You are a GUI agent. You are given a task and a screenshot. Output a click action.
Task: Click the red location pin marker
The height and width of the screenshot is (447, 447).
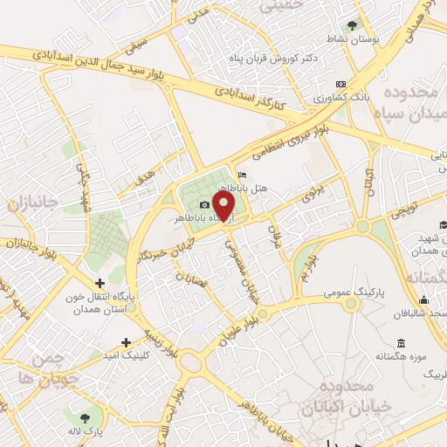(x=225, y=206)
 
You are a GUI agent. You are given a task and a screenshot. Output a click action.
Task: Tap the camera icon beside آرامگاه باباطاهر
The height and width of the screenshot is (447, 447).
(x=205, y=204)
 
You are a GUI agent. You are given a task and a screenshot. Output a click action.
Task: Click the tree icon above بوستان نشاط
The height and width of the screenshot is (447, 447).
(x=353, y=25)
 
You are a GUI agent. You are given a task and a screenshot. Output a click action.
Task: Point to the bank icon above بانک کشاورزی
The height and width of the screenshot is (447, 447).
(x=340, y=85)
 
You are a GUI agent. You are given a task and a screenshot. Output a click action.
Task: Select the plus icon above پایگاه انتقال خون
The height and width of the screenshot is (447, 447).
(x=100, y=283)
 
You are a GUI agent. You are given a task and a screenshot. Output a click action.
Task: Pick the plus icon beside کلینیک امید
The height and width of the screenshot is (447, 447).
(x=127, y=341)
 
